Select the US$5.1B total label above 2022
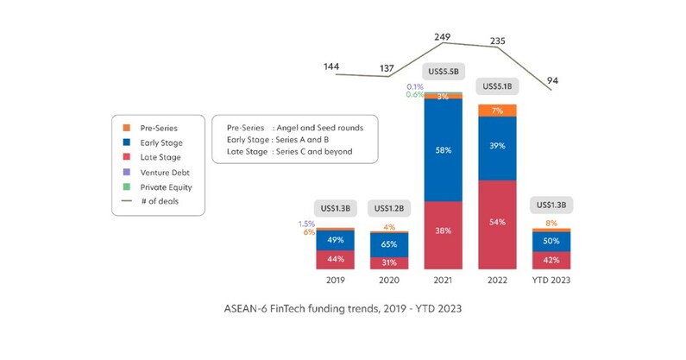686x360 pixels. coord(496,86)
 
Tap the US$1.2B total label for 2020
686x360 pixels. coord(388,208)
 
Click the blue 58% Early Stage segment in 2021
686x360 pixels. coord(443,150)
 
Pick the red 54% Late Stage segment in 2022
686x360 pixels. coord(496,222)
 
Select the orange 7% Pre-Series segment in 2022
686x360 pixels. coord(496,111)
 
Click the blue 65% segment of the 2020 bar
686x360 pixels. coord(388,244)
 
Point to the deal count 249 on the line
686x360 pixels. coord(443,37)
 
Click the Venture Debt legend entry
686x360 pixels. coord(160,172)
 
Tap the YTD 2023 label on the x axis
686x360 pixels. coord(551,281)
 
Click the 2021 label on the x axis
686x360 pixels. coord(443,281)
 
